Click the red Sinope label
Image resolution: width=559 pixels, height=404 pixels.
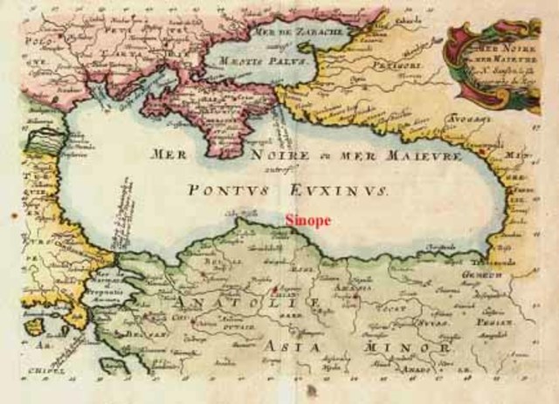tap(308, 221)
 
